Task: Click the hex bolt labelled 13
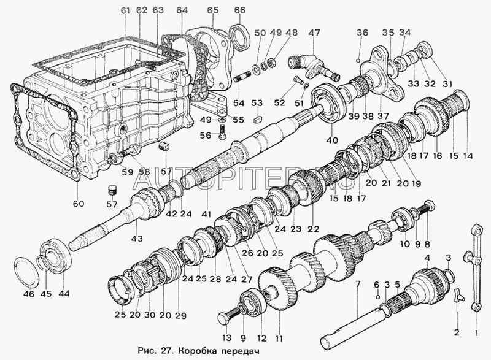223,318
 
